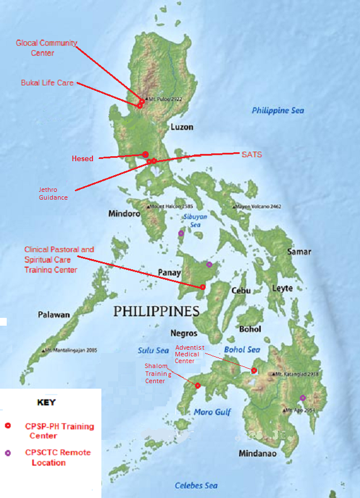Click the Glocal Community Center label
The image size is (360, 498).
46,48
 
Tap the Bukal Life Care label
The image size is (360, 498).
47,83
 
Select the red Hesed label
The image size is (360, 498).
82,159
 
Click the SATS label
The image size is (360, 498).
251,154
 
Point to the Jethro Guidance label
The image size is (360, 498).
53,194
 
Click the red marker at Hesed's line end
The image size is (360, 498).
145,154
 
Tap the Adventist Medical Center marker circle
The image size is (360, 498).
254,370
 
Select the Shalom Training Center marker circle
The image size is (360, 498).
198,385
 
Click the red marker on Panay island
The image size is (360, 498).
203,287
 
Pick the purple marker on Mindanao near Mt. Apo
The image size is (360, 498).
303,398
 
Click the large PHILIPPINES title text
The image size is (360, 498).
157,311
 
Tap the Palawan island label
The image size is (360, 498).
54,315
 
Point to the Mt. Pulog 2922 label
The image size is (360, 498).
165,99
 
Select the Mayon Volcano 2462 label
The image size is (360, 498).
259,207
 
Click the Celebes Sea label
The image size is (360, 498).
196,486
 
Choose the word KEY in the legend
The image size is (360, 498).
46,402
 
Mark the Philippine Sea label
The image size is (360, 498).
278,110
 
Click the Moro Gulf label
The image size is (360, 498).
212,412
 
